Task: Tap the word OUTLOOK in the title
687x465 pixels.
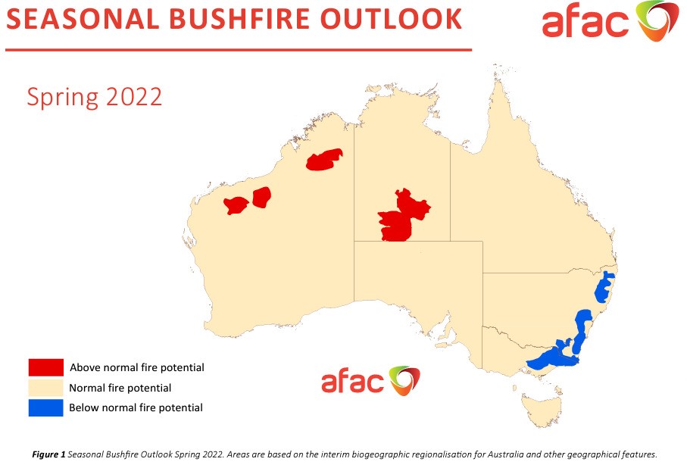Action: (x=392, y=19)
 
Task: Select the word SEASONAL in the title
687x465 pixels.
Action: (x=83, y=19)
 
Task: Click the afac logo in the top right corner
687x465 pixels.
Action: (x=610, y=21)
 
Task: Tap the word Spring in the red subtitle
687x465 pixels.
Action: (x=63, y=97)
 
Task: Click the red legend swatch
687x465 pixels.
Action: (x=46, y=367)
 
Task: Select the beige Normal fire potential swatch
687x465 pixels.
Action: (x=46, y=388)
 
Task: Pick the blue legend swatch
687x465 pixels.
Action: (x=46, y=407)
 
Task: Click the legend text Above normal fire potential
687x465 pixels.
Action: (x=137, y=367)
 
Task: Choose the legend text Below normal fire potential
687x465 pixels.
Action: (x=136, y=407)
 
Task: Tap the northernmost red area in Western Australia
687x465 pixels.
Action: (x=323, y=160)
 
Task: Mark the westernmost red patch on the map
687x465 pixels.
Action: (x=236, y=205)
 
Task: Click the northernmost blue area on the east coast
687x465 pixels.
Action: (x=604, y=288)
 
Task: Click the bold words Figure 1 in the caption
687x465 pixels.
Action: (x=48, y=454)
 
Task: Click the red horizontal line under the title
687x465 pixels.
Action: (x=239, y=50)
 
